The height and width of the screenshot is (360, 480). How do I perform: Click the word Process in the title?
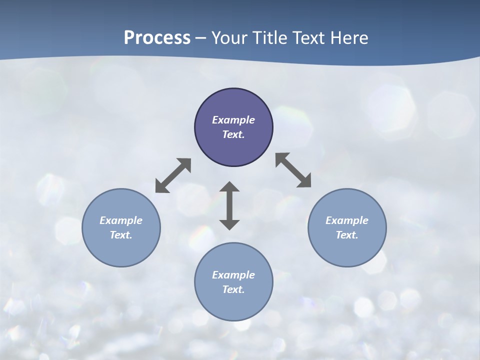click(x=157, y=38)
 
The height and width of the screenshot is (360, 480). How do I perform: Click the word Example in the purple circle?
click(x=233, y=120)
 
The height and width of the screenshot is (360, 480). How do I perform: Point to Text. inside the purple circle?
click(x=233, y=134)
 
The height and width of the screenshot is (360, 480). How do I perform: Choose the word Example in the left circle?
click(x=121, y=220)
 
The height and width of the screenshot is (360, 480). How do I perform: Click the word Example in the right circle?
click(x=347, y=220)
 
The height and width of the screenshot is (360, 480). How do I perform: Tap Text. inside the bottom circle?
click(x=233, y=289)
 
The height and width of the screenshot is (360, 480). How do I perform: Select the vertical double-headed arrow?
click(x=229, y=205)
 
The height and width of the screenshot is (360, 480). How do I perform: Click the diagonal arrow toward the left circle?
click(x=173, y=175)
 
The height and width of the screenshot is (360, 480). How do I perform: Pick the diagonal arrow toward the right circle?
click(x=293, y=170)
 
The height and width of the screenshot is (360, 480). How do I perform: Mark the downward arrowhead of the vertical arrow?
click(x=229, y=223)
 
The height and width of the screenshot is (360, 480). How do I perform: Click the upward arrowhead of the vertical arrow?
click(x=229, y=187)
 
